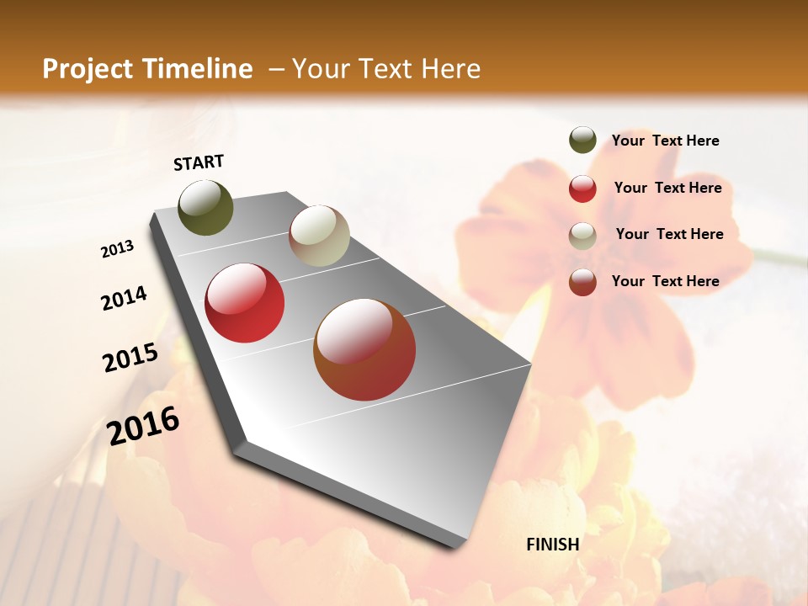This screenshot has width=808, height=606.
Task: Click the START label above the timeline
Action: [x=199, y=162]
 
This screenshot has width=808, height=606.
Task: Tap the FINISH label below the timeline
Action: [x=553, y=545]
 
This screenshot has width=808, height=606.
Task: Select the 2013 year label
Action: [x=118, y=249]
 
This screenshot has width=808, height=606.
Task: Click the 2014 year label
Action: [x=125, y=299]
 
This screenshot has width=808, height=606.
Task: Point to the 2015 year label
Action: [x=130, y=358]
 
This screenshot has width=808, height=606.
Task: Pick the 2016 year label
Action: [x=144, y=425]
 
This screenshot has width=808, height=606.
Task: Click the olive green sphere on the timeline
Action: [x=206, y=207]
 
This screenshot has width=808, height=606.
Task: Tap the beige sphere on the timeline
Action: [x=319, y=236]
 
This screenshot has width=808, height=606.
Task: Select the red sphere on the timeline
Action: [x=245, y=303]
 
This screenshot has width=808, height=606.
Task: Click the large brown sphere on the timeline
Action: [x=364, y=349]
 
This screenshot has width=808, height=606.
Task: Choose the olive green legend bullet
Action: [x=582, y=141]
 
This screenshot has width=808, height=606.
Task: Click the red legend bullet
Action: [x=582, y=189]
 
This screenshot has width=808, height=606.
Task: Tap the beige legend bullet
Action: [x=582, y=236]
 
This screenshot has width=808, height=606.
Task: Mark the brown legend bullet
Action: [x=582, y=282]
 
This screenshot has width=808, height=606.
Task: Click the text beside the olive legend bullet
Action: [x=666, y=141]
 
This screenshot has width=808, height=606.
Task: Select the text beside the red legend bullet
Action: [x=668, y=188]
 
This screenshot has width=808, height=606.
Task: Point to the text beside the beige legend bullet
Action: [x=670, y=234]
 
